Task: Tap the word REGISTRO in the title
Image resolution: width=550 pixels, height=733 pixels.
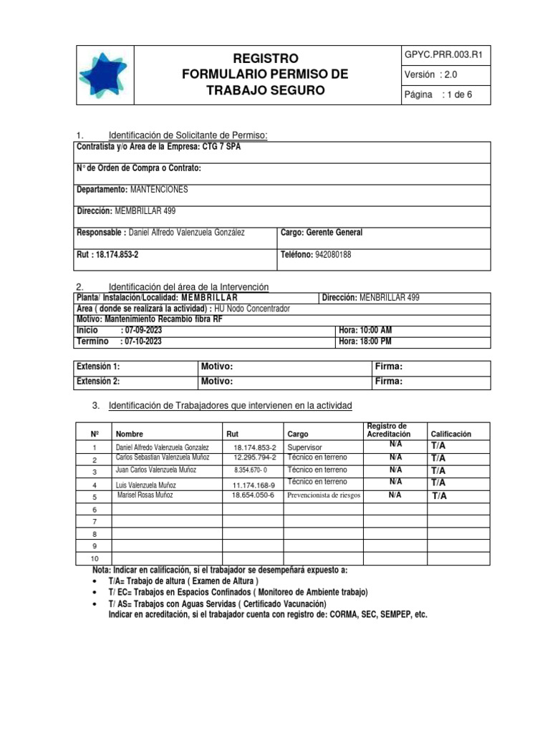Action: click(x=265, y=58)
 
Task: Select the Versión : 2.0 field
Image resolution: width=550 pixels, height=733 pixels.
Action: click(x=430, y=75)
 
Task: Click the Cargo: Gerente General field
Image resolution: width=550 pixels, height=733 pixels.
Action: click(x=322, y=233)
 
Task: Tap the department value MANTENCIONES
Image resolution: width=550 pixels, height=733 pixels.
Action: click(x=158, y=189)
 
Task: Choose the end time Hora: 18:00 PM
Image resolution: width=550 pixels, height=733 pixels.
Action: click(x=365, y=341)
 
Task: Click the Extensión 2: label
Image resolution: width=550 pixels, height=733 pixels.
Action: click(x=98, y=381)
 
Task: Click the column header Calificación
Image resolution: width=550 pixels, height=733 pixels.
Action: click(x=450, y=434)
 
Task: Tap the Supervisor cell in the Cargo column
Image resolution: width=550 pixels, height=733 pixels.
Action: click(x=304, y=446)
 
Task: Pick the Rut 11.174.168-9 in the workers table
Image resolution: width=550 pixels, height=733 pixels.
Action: click(x=254, y=484)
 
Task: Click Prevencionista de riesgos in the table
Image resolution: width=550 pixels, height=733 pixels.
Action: click(x=324, y=495)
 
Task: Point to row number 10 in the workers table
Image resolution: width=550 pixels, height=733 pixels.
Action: click(x=94, y=558)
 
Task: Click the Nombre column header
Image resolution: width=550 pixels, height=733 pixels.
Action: click(x=130, y=434)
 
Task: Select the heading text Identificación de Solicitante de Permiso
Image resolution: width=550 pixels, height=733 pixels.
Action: click(x=187, y=135)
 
